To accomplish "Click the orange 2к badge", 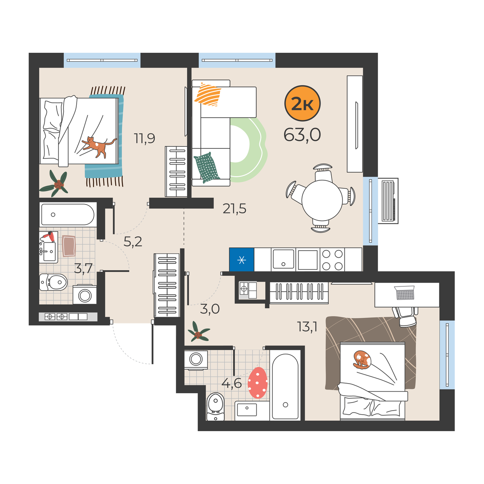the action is point(302,103).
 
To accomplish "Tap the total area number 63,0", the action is point(302,135).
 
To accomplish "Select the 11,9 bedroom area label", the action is point(144,138).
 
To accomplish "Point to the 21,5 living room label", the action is point(234,209).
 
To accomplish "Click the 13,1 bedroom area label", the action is point(307,327).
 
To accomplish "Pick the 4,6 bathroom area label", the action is point(232,383).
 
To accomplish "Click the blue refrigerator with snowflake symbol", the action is point(241,259).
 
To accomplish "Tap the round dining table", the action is point(322,200).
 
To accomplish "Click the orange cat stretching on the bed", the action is point(99,146).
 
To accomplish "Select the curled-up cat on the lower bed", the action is point(362,360).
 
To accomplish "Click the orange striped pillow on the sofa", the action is point(208,94).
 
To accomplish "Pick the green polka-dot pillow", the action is point(206,167).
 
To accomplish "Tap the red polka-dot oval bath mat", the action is point(257,382).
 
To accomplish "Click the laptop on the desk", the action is point(405,293).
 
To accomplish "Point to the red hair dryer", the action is point(49,236).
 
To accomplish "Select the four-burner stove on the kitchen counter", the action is point(332,260).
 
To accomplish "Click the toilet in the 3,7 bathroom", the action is point(53,282).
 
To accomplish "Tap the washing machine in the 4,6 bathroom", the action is point(196,360).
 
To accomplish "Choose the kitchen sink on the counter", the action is point(283,259).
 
